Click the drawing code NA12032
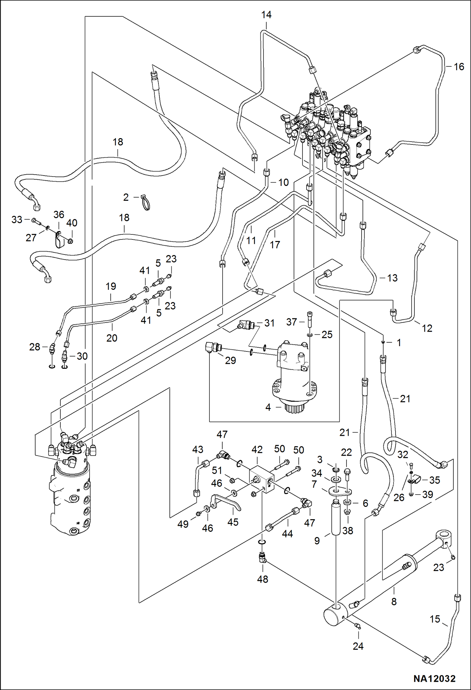pos(434,679)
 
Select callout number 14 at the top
pos(266,15)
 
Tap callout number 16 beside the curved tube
pos(459,67)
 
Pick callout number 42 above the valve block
pos(257,450)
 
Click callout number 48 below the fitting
pos(263,579)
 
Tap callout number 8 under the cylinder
pos(394,602)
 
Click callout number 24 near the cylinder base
pos(358,646)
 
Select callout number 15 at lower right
pos(435,619)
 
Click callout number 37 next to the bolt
pos(291,322)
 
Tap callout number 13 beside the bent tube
pos(392,278)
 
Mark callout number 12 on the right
pos(427,328)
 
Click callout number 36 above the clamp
pos(59,215)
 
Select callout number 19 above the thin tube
pos(111,286)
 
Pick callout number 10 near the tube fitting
pos(283,182)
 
